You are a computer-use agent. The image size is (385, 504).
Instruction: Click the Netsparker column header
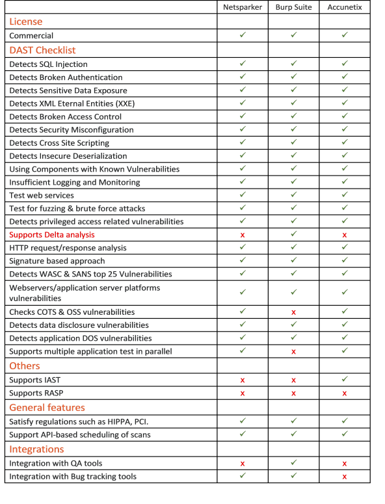(x=243, y=7)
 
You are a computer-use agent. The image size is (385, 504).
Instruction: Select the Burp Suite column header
(x=293, y=7)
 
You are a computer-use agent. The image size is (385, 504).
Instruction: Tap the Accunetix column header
(x=345, y=7)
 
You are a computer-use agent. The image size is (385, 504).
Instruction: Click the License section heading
(x=26, y=21)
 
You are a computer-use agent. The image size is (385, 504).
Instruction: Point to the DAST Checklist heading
(x=42, y=50)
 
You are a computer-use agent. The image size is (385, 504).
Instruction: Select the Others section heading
(x=25, y=365)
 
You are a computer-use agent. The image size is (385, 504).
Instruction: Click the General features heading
(x=47, y=408)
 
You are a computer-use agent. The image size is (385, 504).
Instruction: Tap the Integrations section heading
(x=36, y=449)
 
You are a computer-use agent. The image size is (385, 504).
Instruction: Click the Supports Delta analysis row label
(x=52, y=235)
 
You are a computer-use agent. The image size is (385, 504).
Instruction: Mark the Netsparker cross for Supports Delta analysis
(x=243, y=235)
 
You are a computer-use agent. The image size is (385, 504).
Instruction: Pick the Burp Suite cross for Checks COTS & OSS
(x=293, y=313)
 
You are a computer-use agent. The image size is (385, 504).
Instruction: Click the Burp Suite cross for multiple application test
(x=293, y=352)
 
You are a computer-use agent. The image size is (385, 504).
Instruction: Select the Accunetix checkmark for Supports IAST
(x=345, y=379)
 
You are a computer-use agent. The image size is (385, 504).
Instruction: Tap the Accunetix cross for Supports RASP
(x=345, y=393)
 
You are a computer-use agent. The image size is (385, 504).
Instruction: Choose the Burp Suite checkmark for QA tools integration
(x=293, y=463)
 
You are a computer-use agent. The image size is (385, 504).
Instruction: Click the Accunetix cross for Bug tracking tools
(x=345, y=477)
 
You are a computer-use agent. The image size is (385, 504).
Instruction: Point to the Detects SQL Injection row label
(x=49, y=64)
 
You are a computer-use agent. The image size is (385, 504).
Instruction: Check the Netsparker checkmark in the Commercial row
(x=243, y=35)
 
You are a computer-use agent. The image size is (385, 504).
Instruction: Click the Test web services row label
(x=42, y=195)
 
